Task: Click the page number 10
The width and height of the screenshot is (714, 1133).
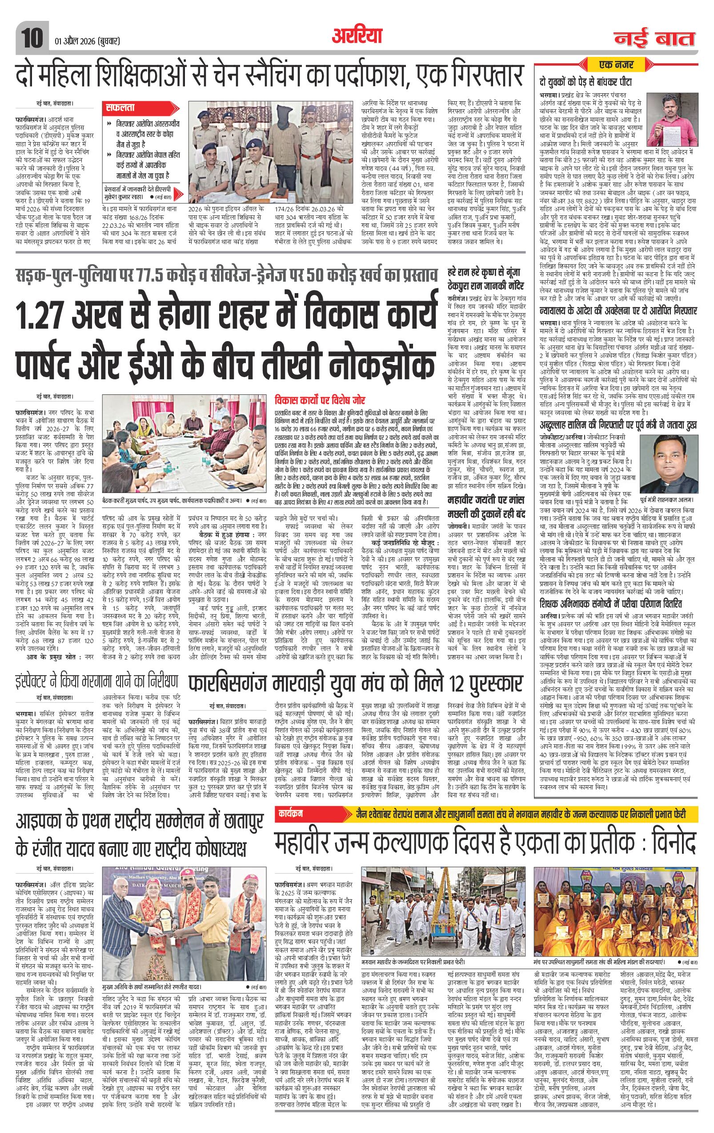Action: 32,37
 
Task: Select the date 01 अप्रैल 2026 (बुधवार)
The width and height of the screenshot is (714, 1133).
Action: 85,41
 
